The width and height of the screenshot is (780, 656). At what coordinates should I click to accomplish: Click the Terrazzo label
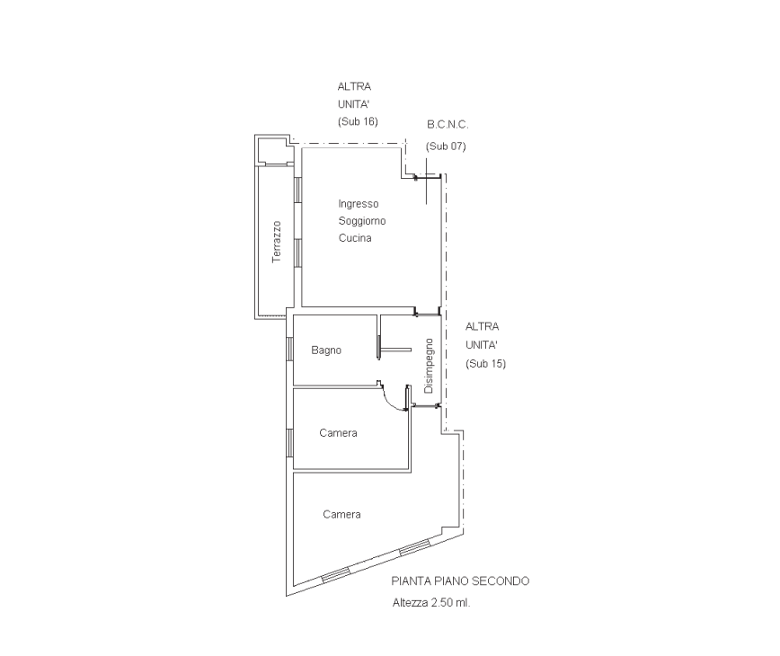click(277, 242)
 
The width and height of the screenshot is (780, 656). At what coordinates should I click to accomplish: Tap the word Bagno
click(326, 350)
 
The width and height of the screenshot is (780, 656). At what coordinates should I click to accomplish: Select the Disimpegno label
click(429, 366)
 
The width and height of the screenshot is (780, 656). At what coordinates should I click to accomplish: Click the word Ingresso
click(359, 204)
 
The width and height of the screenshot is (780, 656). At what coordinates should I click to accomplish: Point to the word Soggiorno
click(362, 221)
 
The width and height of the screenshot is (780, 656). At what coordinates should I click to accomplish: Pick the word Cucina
click(355, 238)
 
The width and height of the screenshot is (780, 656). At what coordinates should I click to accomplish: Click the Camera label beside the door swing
click(338, 433)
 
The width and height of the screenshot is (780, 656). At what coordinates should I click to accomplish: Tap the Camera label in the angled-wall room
click(341, 514)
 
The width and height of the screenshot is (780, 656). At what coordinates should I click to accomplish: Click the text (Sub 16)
click(358, 121)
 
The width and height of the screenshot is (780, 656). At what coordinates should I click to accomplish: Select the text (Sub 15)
click(485, 364)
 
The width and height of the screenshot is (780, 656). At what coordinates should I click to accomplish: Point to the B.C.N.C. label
click(448, 124)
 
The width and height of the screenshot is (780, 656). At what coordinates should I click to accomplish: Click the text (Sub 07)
click(446, 146)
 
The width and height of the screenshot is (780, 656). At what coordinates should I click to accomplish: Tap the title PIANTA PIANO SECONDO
click(460, 581)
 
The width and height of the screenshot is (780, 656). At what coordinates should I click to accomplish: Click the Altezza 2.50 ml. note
click(431, 603)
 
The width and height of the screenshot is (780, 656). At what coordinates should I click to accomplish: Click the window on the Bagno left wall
click(289, 349)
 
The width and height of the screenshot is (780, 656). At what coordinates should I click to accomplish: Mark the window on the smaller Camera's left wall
click(289, 442)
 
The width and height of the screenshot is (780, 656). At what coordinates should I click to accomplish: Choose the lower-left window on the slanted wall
click(336, 574)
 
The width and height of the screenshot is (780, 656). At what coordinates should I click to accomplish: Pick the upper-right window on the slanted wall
click(415, 547)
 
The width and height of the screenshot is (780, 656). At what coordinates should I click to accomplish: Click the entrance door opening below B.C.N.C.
click(428, 175)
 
